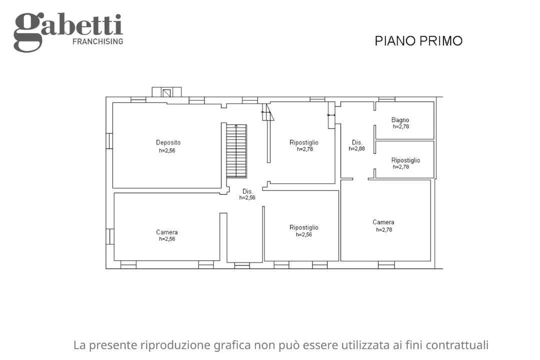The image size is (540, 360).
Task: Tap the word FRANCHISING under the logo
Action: (97, 41)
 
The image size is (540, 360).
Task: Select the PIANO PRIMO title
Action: (418, 41)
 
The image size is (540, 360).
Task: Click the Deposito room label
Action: (168, 142)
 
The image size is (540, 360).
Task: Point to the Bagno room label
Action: (400, 120)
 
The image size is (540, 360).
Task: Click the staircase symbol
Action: (236, 150)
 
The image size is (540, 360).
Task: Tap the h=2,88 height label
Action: (357, 149)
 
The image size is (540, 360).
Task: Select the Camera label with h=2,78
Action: (383, 222)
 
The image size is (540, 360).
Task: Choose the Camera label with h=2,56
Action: (166, 232)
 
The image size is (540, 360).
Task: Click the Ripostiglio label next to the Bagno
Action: (405, 160)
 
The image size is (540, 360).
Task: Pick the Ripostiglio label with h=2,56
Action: (303, 227)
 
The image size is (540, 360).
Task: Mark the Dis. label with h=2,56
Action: (247, 191)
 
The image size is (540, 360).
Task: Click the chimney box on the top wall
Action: (166, 92)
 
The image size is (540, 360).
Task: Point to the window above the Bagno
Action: (386, 99)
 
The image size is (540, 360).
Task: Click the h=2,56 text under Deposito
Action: (167, 150)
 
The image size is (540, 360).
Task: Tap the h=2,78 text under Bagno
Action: (400, 126)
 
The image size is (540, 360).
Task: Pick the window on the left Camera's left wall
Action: (110, 236)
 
